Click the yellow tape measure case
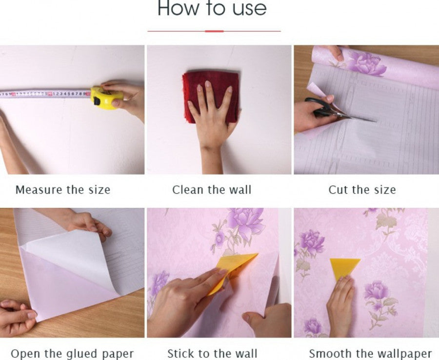tap(106, 98)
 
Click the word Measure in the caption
tap(39, 190)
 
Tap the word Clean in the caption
tap(188, 190)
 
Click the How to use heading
tap(212, 8)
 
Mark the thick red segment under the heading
tap(214, 31)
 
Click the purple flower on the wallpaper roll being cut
tap(365, 64)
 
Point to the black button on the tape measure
tap(97, 101)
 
